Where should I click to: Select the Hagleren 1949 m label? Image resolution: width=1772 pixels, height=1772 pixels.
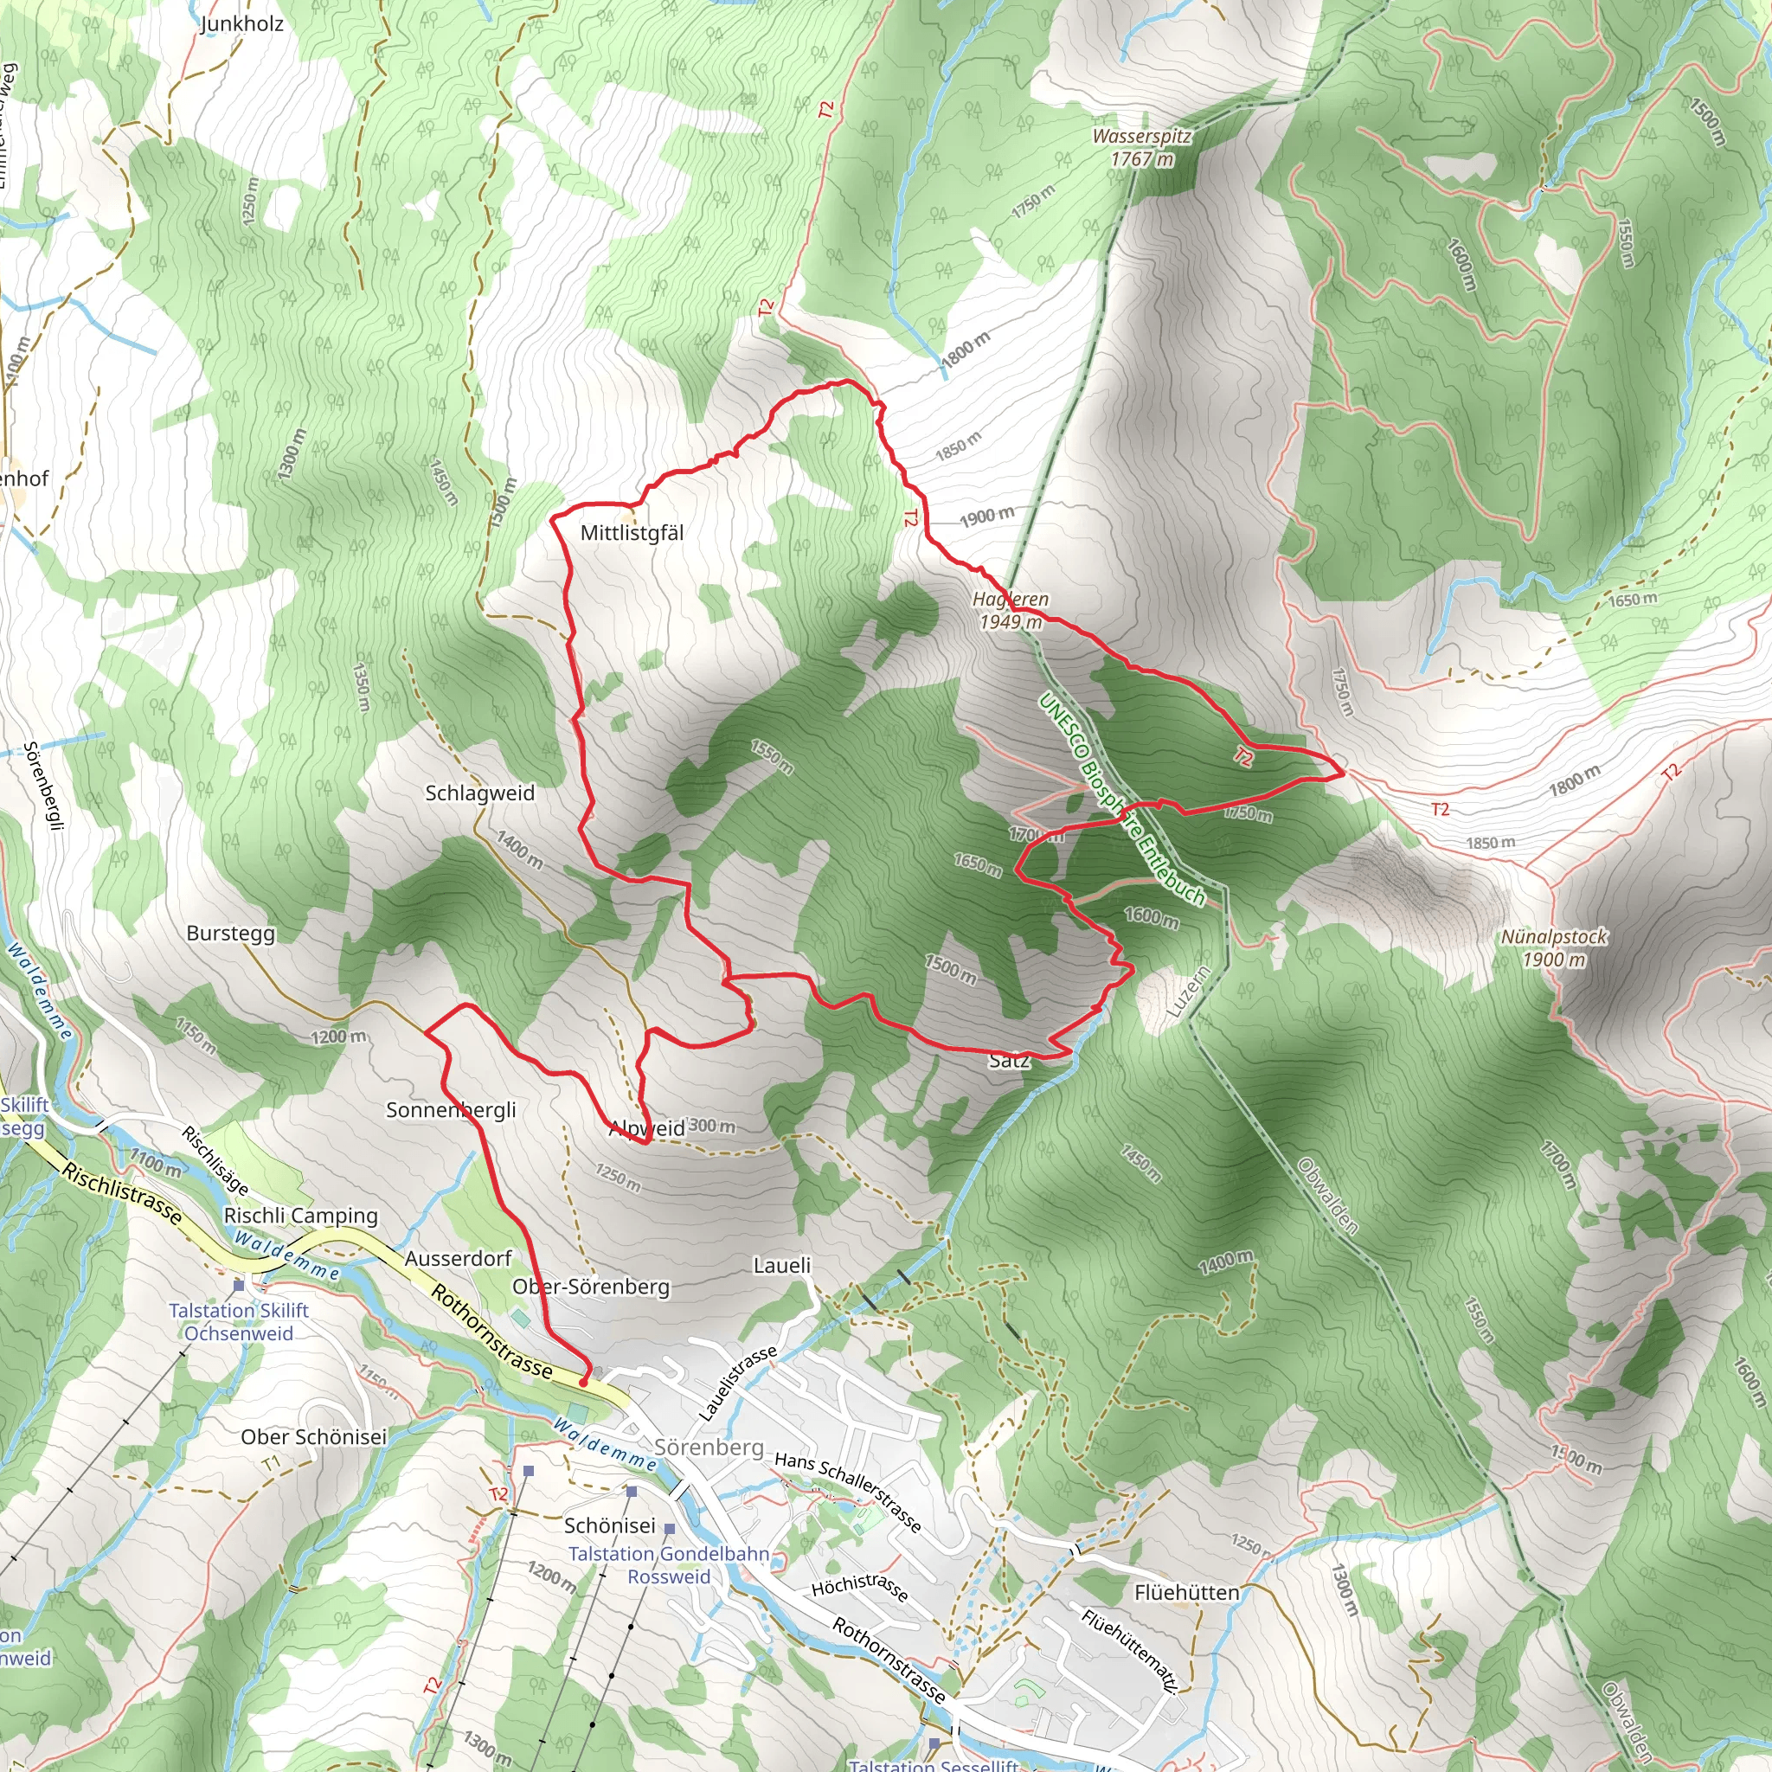(1010, 610)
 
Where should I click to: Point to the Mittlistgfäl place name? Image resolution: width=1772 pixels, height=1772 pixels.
(632, 533)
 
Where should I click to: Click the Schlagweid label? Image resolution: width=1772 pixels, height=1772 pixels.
(479, 793)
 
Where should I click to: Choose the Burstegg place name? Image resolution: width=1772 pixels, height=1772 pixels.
(230, 933)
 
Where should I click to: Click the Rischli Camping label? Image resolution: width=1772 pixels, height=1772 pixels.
(301, 1216)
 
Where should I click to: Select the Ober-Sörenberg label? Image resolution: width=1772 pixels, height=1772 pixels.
(591, 1286)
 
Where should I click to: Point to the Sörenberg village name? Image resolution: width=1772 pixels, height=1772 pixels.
(709, 1447)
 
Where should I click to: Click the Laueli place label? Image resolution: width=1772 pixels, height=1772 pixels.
(782, 1265)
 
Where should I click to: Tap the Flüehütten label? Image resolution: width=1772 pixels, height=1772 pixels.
(1187, 1592)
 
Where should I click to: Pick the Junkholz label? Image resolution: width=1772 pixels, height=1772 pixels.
(242, 24)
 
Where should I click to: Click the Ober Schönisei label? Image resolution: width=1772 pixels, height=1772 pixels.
(314, 1437)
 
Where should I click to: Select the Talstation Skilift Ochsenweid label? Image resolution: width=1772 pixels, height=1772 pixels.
(239, 1322)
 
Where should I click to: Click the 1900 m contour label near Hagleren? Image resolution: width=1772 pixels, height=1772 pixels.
(987, 517)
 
